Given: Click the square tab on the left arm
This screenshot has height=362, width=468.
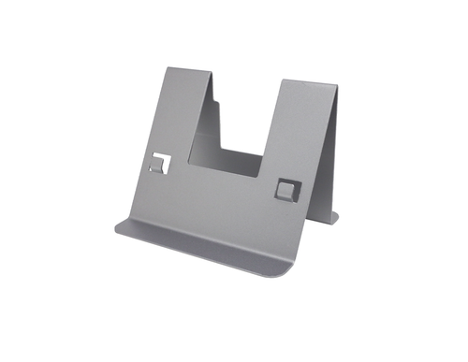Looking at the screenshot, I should click(160, 164).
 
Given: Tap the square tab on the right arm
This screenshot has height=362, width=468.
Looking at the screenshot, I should click(285, 188).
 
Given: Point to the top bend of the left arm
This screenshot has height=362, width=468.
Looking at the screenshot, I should click(188, 71).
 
